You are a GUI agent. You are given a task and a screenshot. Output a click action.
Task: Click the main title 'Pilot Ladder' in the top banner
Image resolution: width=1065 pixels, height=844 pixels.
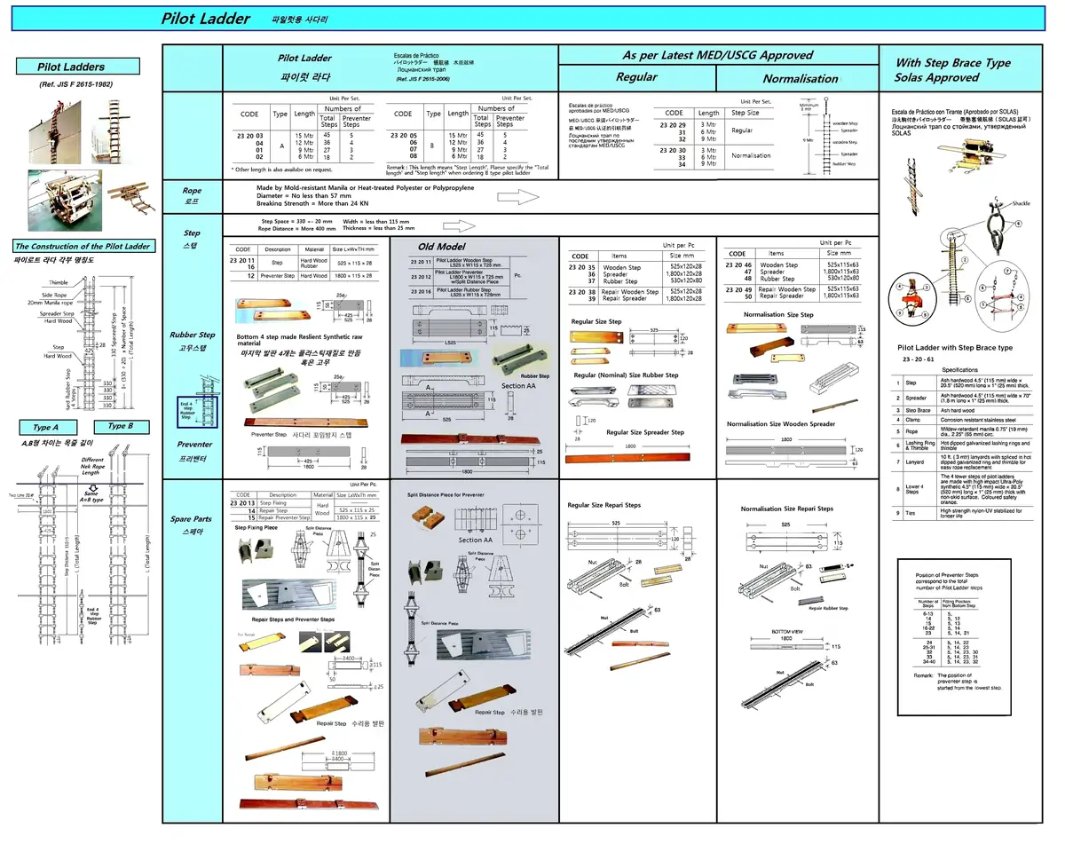click(x=206, y=19)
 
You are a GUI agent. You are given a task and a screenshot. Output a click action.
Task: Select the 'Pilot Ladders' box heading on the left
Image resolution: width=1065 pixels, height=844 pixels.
click(x=78, y=67)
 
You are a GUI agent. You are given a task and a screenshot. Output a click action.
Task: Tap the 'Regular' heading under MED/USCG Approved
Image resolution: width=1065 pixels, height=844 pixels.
click(x=636, y=77)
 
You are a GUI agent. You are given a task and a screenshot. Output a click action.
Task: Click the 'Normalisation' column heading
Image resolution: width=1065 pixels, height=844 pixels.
click(x=800, y=78)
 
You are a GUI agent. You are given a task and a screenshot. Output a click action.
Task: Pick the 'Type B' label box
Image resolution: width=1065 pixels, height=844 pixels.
click(x=121, y=426)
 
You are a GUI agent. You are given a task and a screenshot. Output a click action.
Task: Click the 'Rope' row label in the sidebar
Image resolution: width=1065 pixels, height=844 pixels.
click(x=192, y=191)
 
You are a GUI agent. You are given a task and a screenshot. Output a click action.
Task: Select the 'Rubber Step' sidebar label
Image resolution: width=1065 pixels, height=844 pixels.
click(x=193, y=335)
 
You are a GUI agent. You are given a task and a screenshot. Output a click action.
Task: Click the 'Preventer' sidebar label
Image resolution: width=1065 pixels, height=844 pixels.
click(x=195, y=445)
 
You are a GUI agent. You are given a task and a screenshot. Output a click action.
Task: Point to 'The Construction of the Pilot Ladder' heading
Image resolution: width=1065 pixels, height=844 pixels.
click(x=82, y=246)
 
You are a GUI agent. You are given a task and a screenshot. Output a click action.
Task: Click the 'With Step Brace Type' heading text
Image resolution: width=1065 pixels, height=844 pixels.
click(x=952, y=63)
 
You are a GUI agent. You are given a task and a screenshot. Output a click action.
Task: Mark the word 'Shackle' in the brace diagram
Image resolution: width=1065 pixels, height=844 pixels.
click(x=1021, y=203)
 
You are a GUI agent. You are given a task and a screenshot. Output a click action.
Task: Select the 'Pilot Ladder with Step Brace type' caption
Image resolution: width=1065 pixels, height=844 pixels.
click(x=955, y=348)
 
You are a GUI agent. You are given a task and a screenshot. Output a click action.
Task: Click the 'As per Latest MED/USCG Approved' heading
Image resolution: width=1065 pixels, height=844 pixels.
click(x=717, y=55)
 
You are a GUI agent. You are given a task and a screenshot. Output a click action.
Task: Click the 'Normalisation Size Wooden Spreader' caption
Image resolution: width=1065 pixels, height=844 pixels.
click(x=780, y=424)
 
